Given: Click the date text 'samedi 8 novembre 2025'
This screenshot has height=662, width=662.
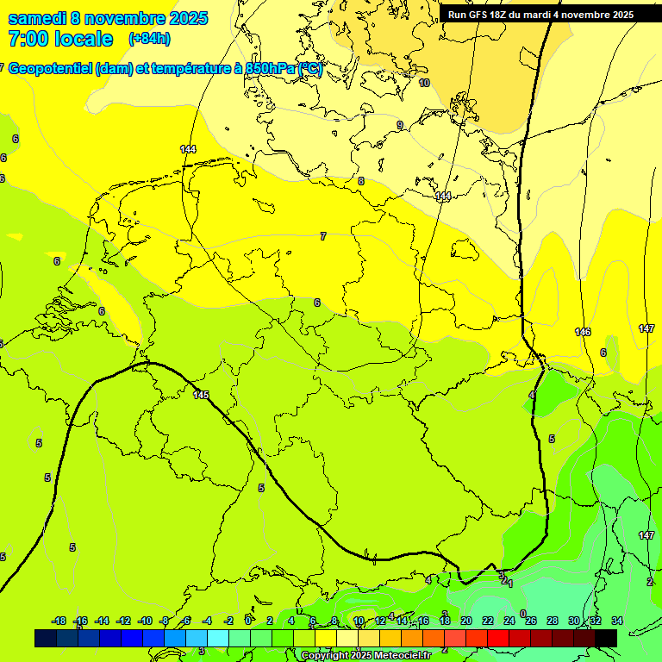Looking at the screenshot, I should click(x=108, y=18).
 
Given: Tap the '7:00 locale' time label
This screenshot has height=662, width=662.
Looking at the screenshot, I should click(x=60, y=39).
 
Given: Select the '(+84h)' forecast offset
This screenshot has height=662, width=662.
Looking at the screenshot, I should click(x=149, y=39).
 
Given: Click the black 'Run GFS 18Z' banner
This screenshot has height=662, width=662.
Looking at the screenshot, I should click(x=540, y=15).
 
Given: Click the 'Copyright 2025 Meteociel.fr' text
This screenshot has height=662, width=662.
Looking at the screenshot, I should click(x=366, y=656).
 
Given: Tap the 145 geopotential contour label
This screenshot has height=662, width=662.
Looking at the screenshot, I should click(x=202, y=395).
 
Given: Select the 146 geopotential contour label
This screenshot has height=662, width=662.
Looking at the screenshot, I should click(x=583, y=332).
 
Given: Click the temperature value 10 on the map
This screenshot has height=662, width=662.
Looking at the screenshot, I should click(x=424, y=83).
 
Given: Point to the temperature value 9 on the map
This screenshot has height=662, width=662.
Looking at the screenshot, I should click(x=399, y=125).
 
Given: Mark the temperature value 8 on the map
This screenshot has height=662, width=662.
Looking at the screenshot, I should click(x=361, y=181).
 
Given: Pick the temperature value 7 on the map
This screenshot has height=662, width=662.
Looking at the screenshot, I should click(x=323, y=236).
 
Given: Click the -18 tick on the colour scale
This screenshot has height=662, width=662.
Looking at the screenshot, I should click(x=59, y=621).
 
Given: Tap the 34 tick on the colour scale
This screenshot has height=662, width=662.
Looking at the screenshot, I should click(x=616, y=621).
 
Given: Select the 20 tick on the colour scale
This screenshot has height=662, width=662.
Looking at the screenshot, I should click(x=465, y=621).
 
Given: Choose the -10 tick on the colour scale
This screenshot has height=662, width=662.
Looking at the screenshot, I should click(x=145, y=621).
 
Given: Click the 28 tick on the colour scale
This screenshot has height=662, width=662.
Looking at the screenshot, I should click(x=552, y=621).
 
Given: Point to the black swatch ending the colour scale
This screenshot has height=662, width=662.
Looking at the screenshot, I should click(x=605, y=638).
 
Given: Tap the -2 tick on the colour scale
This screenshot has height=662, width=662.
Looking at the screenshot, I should click(x=228, y=621).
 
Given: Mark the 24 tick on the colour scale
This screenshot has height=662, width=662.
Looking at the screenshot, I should click(x=509, y=621).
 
